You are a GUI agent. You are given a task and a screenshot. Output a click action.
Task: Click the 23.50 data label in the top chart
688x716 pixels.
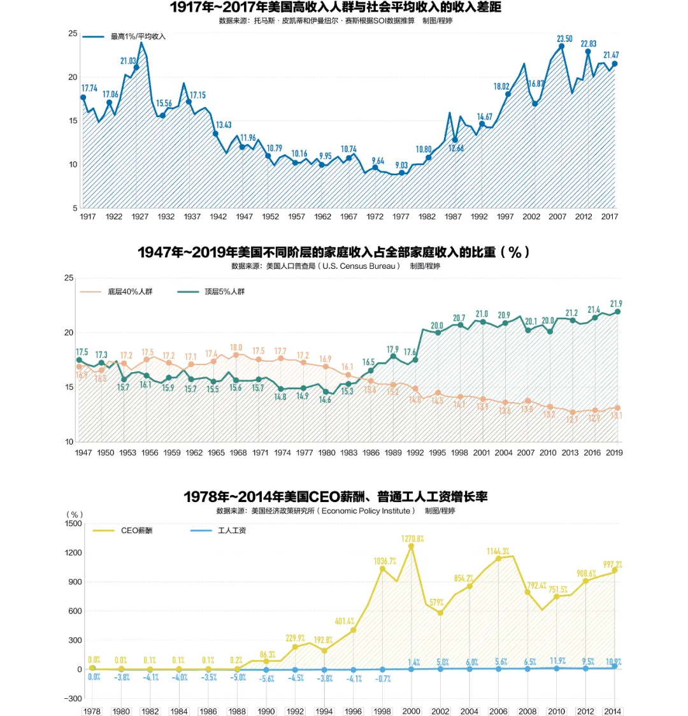pos(564,39)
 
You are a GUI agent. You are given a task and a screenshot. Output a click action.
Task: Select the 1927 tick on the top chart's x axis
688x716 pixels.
pos(140,217)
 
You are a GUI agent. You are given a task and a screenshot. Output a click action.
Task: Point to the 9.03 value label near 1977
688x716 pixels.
pos(401,165)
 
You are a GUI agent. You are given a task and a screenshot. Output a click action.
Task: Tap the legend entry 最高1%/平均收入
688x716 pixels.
pos(138,37)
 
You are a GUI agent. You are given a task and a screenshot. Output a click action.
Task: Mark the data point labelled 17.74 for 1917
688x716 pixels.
pos(83,97)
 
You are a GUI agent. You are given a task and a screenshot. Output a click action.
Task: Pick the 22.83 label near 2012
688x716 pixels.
pos(588,44)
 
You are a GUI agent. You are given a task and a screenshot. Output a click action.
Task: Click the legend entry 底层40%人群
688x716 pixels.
pos(130,292)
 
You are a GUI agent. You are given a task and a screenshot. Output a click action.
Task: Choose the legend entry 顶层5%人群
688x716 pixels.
pos(224,292)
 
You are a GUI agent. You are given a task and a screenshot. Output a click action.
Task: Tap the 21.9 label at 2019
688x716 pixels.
pos(616,304)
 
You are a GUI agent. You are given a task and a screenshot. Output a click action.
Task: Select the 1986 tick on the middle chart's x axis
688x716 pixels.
pos(371,453)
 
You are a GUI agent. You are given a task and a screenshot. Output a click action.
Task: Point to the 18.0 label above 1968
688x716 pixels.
pos(236,348)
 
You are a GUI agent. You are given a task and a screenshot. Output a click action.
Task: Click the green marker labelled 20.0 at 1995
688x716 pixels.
pos(438,333)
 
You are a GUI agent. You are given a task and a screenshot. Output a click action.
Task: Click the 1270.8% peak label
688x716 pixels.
pos(413,539)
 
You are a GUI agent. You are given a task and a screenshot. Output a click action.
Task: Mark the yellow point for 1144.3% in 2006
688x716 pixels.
pos(499,559)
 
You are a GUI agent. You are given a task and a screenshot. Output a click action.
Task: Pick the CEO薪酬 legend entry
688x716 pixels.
pos(136,530)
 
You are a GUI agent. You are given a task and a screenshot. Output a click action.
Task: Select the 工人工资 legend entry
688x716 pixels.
pos(232,530)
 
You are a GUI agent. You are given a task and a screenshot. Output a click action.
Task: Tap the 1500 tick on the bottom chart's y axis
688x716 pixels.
pos(74,524)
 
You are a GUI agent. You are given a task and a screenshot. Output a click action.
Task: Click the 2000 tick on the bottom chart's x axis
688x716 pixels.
pos(412,712)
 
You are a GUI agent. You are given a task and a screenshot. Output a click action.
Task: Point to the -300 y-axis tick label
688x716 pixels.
pos(73,699)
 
